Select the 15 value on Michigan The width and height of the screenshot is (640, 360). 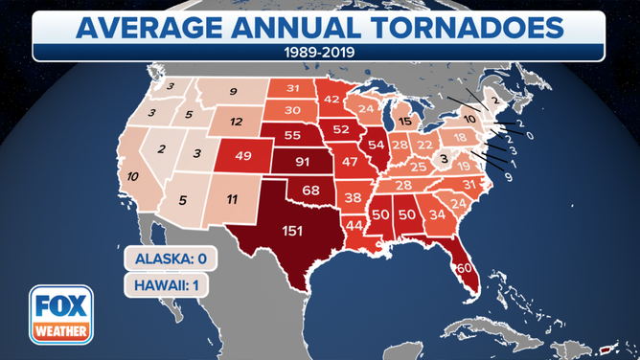tap(405, 122)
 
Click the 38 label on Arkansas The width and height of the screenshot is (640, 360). tap(353, 198)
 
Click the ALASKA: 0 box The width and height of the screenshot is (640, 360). tap(164, 259)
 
